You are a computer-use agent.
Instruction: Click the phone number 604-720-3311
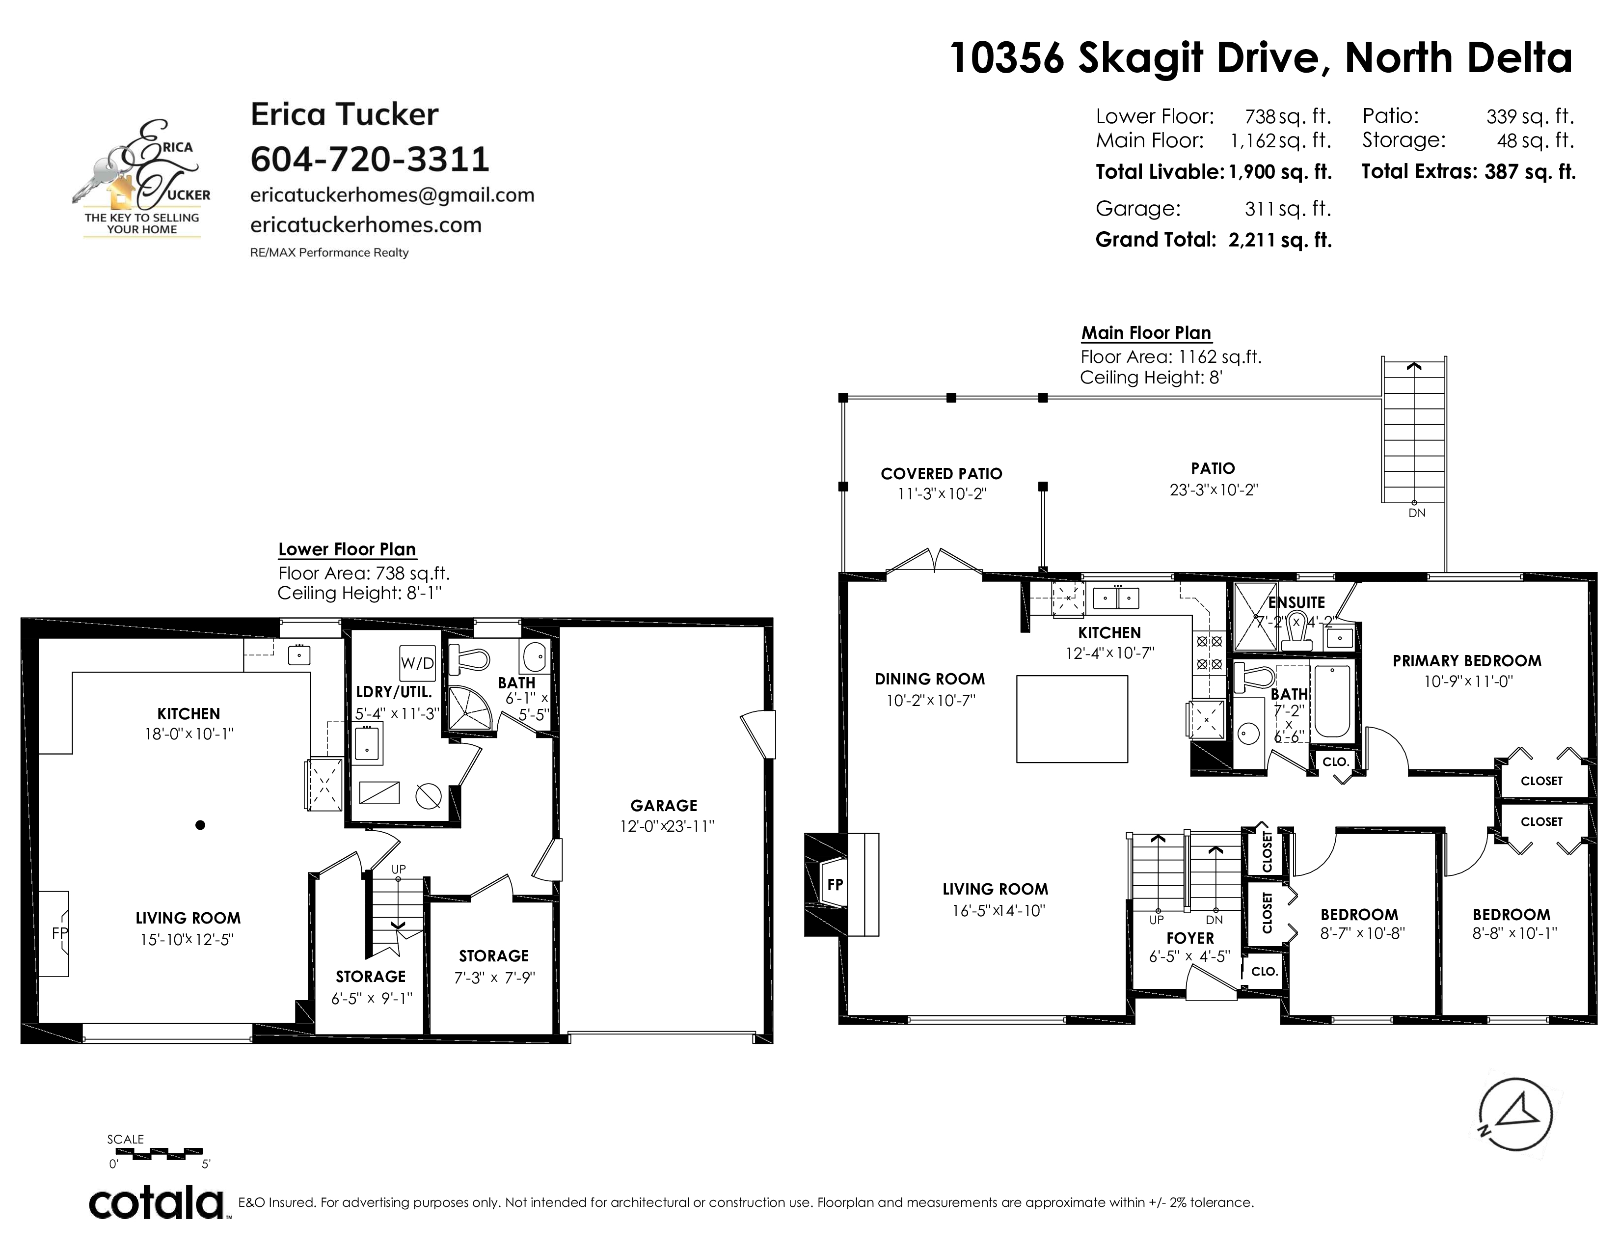pos(370,159)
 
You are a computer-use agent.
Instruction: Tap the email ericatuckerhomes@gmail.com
pos(392,195)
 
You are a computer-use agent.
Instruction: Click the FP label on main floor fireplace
pos(835,884)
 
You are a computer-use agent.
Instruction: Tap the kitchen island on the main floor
pos(1072,719)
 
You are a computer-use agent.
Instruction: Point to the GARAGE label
pos(664,806)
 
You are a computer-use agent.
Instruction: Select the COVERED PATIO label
pos(941,473)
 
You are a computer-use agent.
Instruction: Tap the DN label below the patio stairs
pos(1417,513)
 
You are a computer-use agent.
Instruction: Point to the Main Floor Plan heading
pos(1146,333)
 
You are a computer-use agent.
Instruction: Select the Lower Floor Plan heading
pos(347,549)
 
